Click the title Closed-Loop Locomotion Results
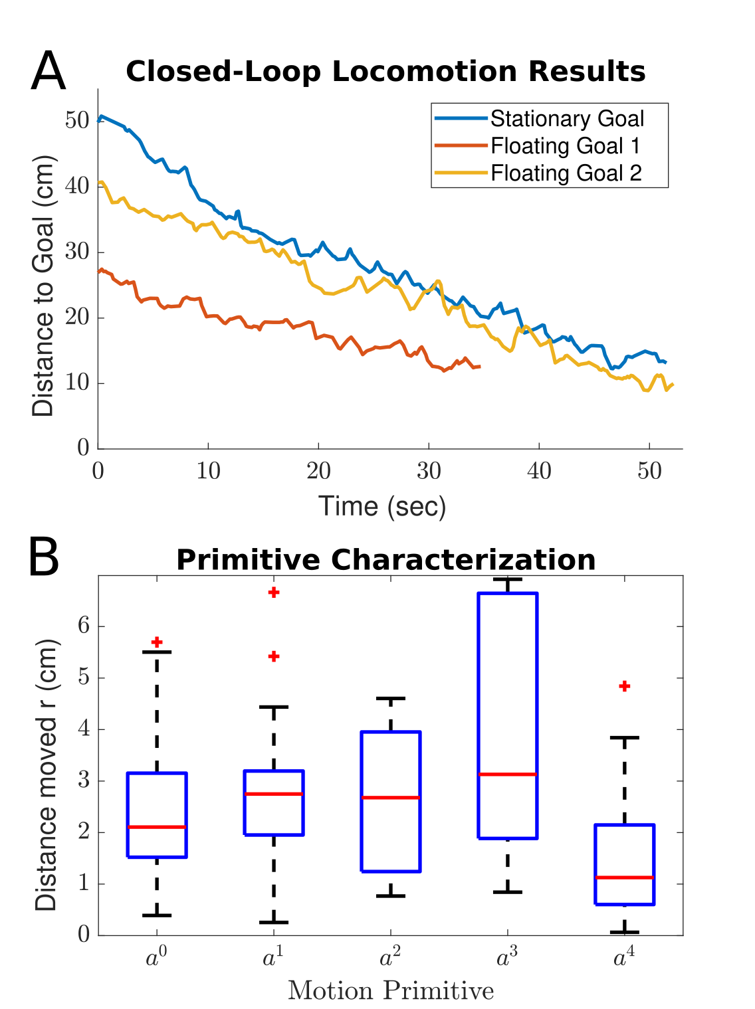385,72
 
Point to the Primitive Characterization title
385,560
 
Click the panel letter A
48,72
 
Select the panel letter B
45,559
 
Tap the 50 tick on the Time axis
649,471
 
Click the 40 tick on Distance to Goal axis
77,186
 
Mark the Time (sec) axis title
382,506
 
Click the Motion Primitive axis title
391,991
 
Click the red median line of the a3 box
507,775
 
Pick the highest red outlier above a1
274,593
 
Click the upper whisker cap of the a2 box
391,699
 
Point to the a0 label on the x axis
156,958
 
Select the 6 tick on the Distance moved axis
84,626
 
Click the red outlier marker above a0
157,642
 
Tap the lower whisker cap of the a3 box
507,891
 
